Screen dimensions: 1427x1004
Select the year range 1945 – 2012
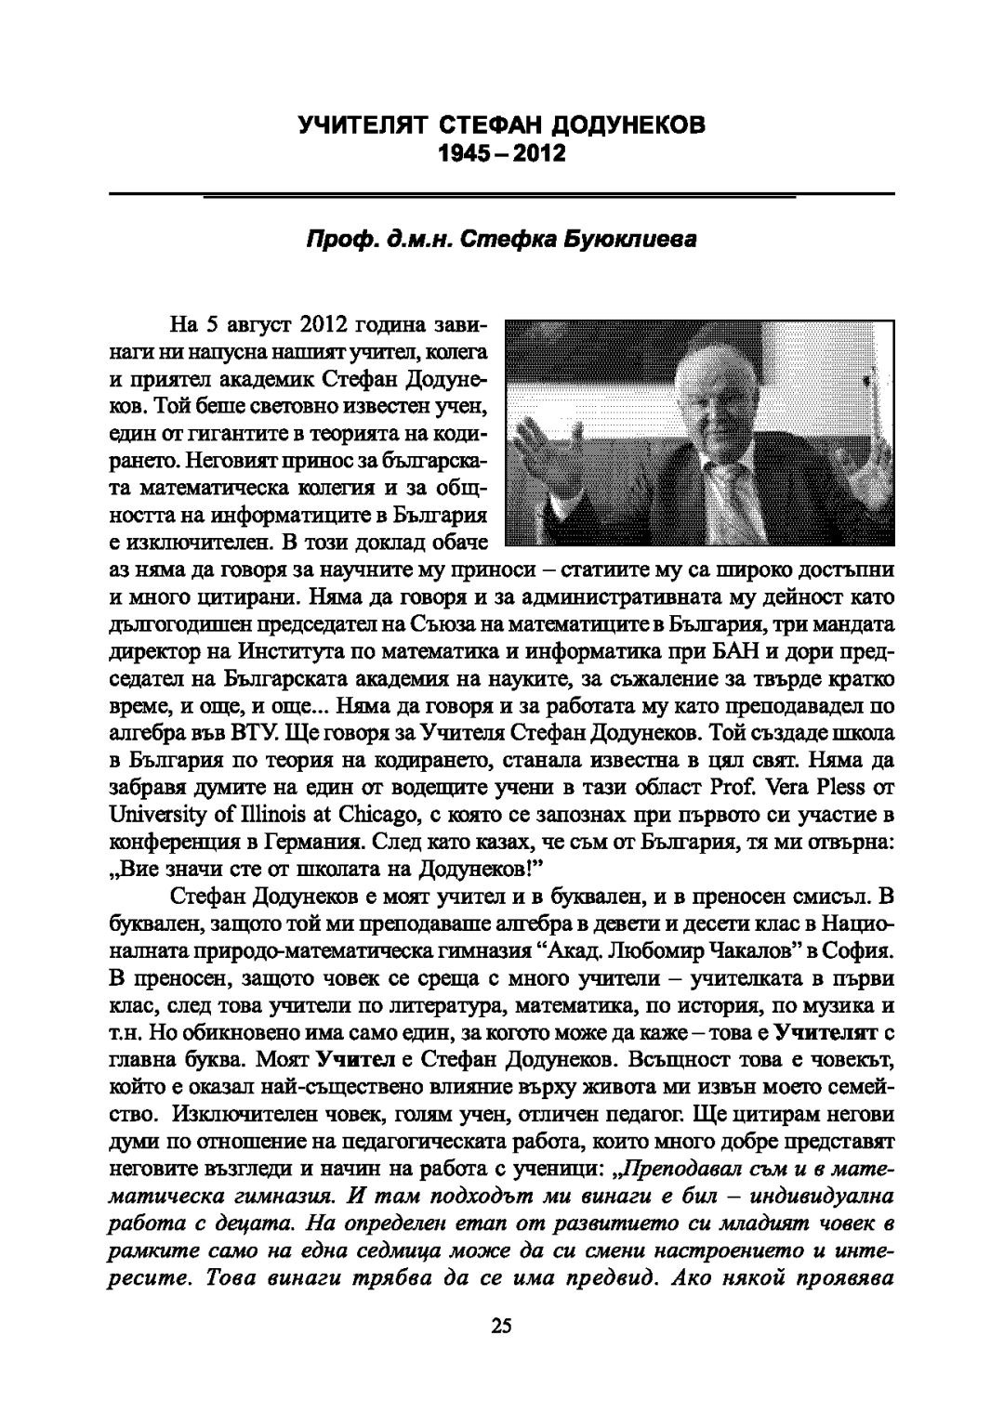tap(502, 152)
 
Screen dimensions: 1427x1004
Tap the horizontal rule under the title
tap(502, 194)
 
